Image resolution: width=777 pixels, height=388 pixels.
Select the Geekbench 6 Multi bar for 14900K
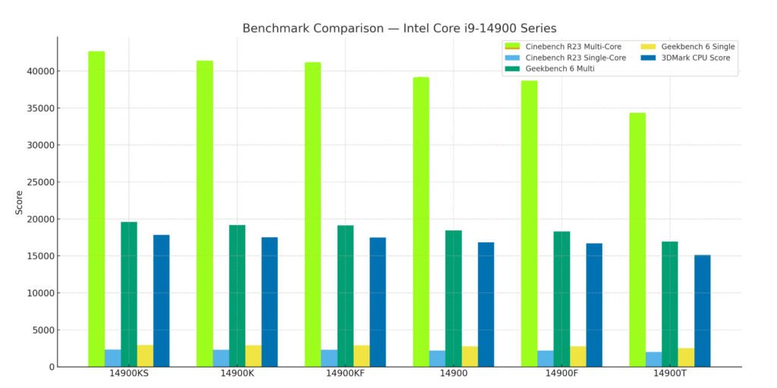237,296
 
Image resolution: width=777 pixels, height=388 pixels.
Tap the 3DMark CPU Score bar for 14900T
702,311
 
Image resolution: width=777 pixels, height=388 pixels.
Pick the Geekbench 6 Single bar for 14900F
577,357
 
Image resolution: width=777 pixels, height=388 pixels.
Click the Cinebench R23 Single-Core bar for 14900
437,358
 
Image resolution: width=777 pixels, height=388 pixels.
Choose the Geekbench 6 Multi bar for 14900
453,299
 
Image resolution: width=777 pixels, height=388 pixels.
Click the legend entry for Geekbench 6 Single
698,47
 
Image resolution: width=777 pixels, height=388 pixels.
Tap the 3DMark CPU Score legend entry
694,58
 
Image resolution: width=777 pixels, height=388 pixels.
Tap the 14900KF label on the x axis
345,374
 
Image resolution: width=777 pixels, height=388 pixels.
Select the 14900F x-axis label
561,374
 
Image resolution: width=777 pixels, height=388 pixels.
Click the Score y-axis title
19,202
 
